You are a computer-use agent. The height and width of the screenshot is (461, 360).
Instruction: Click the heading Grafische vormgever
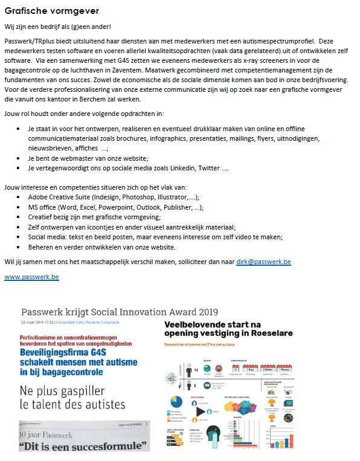click(52, 11)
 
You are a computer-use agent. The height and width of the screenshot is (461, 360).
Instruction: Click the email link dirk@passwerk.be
click(263, 262)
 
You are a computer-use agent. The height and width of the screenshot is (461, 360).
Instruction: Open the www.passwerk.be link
click(31, 277)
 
